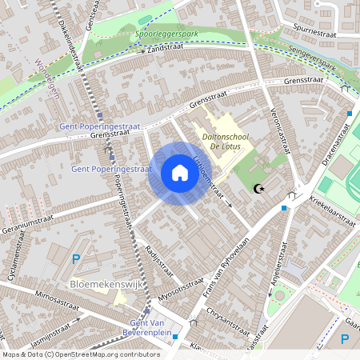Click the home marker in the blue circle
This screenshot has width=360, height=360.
click(x=180, y=174)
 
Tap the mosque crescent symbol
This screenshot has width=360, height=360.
click(x=258, y=189)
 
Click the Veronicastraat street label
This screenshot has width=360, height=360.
click(x=278, y=128)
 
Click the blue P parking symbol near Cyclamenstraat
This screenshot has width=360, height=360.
click(x=76, y=258)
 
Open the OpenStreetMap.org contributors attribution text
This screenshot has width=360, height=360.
click(x=82, y=354)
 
